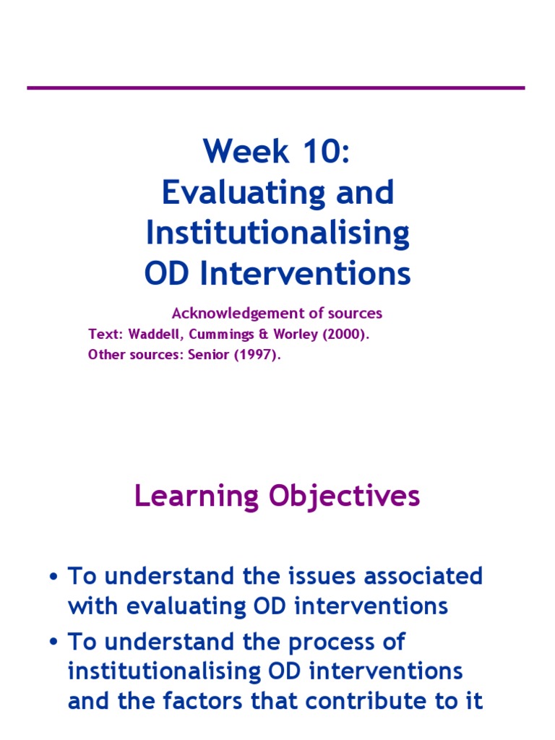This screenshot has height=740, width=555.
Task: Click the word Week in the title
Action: tap(246, 151)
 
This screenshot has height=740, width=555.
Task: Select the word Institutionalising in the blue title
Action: tap(277, 233)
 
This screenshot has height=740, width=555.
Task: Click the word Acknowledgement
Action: tap(238, 314)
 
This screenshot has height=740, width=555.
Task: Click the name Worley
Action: tap(296, 335)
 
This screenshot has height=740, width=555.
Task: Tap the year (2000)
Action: tap(346, 335)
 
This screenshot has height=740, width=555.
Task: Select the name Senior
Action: tap(209, 354)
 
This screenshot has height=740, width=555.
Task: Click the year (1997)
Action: tap(257, 355)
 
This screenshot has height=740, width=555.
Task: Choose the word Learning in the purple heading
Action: tap(197, 497)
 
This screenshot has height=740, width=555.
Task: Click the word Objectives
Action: tap(344, 497)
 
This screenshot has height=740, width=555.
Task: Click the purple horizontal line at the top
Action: tap(276, 87)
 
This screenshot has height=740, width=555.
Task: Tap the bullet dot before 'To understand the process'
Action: tap(53, 642)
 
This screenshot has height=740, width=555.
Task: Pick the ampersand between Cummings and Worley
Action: tap(263, 335)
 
